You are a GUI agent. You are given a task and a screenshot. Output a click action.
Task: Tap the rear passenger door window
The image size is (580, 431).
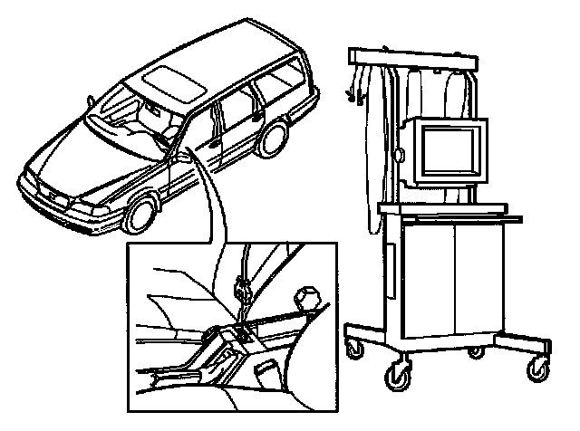tap(237, 104)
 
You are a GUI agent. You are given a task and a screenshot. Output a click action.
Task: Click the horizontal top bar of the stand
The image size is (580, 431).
tap(412, 58)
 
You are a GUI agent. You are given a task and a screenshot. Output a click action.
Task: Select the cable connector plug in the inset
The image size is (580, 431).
tap(242, 292)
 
